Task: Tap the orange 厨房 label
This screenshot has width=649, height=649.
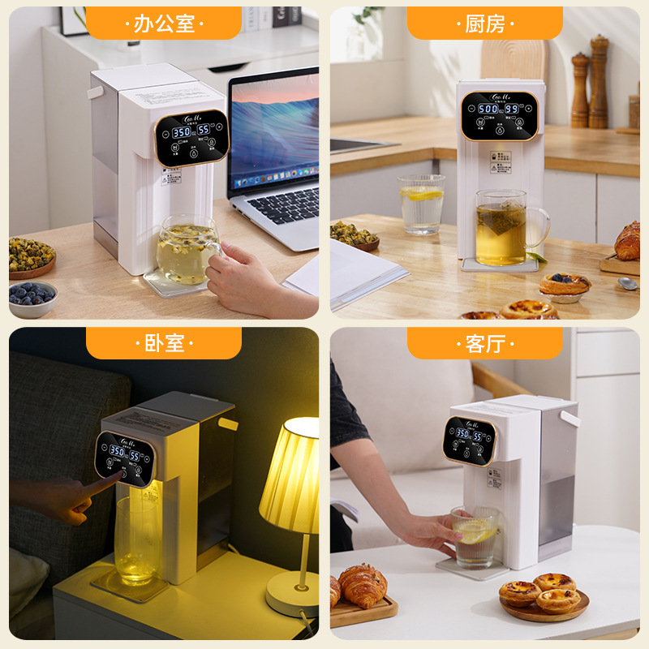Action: [x=484, y=24]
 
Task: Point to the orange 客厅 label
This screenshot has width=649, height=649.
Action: [x=484, y=343]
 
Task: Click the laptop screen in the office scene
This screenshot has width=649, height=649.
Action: [x=276, y=130]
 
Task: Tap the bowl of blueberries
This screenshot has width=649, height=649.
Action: [x=32, y=296]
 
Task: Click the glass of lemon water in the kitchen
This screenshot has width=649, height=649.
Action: [x=422, y=204]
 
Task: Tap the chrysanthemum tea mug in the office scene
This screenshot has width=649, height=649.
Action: [x=187, y=250]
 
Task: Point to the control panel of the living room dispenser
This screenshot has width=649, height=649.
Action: [x=470, y=441]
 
